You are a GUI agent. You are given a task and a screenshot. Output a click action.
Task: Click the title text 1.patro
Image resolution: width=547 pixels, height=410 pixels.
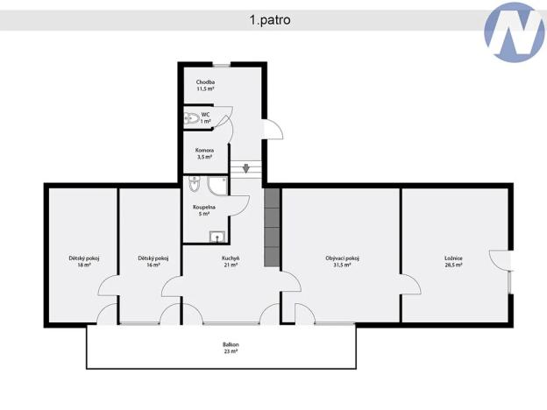click(270, 19)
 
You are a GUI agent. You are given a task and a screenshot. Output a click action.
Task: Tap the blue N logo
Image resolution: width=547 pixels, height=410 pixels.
click(515, 33)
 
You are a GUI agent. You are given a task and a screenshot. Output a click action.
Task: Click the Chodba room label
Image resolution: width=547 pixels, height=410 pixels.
click(205, 81)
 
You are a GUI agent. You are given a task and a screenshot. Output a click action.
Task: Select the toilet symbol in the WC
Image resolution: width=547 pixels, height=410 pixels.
click(191, 118)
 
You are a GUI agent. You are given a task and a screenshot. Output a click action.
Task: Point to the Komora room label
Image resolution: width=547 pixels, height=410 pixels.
click(204, 150)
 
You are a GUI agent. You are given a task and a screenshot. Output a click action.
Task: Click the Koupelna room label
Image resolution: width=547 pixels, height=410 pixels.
click(204, 207)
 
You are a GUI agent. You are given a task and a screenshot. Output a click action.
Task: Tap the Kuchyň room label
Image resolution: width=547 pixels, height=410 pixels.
click(231, 258)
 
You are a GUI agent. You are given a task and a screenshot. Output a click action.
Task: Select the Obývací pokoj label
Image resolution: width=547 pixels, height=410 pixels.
click(342, 258)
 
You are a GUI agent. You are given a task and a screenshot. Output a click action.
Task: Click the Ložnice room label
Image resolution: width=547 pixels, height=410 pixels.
click(453, 258)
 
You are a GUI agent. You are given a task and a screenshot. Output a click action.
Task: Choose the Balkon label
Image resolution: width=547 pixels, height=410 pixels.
click(231, 344)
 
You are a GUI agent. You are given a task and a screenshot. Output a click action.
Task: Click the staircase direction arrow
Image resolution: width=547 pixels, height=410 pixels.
click(246, 168)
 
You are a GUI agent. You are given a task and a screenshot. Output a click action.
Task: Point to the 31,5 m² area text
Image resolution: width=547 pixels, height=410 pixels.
click(342, 265)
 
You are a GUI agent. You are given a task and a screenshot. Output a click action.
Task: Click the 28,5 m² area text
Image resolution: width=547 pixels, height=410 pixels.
click(453, 265)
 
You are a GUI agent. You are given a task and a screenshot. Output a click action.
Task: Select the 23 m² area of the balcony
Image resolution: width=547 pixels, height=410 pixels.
click(231, 351)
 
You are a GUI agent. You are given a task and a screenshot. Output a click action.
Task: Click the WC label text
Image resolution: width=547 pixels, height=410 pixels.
click(205, 114)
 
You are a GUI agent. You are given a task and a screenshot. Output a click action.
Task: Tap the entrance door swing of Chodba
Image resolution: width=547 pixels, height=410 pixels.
click(273, 130)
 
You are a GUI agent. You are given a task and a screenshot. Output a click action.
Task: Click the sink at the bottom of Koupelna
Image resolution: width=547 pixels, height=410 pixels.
click(216, 236)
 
